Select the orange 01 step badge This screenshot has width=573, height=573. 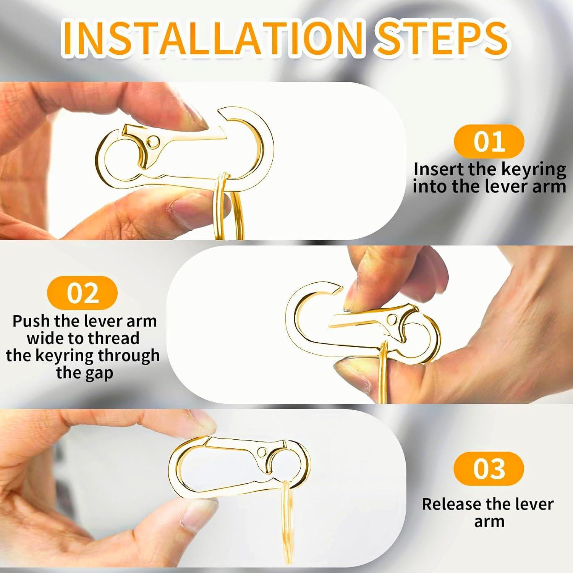489,142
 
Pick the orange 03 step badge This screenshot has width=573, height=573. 489,469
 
